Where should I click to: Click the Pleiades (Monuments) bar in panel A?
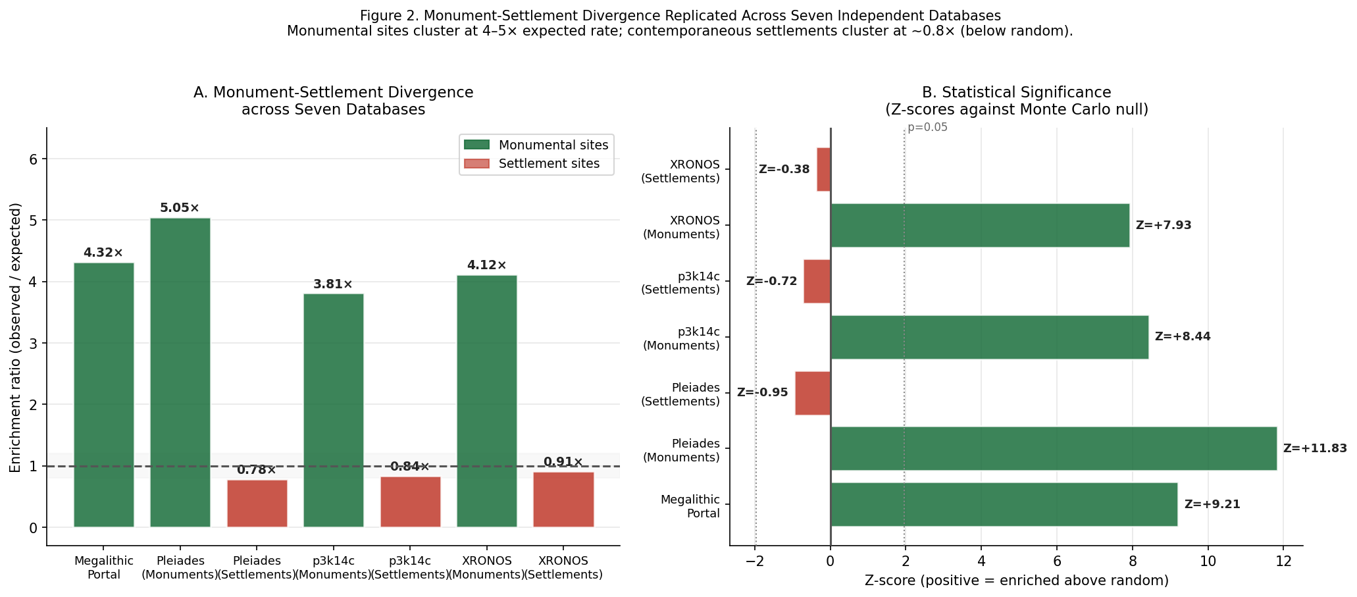pyautogui.click(x=180, y=373)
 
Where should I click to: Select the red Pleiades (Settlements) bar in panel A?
pyautogui.click(x=257, y=504)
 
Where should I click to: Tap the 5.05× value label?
pyautogui.click(x=180, y=208)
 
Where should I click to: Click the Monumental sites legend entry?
pyautogui.click(x=536, y=145)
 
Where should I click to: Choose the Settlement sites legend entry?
pyautogui.click(x=536, y=164)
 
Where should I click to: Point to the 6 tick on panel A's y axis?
pyautogui.click(x=34, y=159)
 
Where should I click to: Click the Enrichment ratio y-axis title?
pyautogui.click(x=16, y=337)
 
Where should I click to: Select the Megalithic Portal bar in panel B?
pyautogui.click(x=1004, y=504)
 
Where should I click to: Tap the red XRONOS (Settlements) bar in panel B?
pyautogui.click(x=823, y=169)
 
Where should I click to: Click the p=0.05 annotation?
pyautogui.click(x=927, y=128)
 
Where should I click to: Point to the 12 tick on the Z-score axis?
pyautogui.click(x=1283, y=561)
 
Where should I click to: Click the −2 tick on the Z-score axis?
pyautogui.click(x=755, y=561)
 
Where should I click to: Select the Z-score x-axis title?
pyautogui.click(x=1016, y=581)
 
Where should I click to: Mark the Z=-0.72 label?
pyautogui.click(x=771, y=281)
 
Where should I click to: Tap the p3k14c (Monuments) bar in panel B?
pyautogui.click(x=989, y=337)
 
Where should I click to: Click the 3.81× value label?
pyautogui.click(x=333, y=284)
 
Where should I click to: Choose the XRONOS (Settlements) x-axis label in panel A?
pyautogui.click(x=563, y=567)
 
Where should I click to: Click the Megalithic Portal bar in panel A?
pyautogui.click(x=103, y=395)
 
